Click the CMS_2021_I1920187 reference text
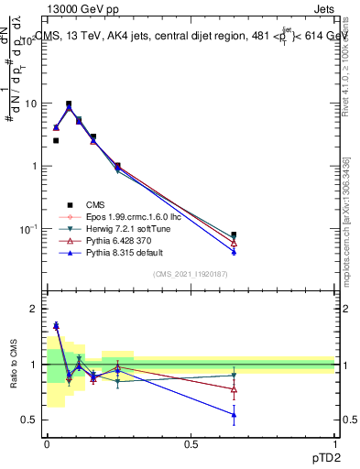click(191, 275)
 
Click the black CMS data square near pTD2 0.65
click(234, 234)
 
